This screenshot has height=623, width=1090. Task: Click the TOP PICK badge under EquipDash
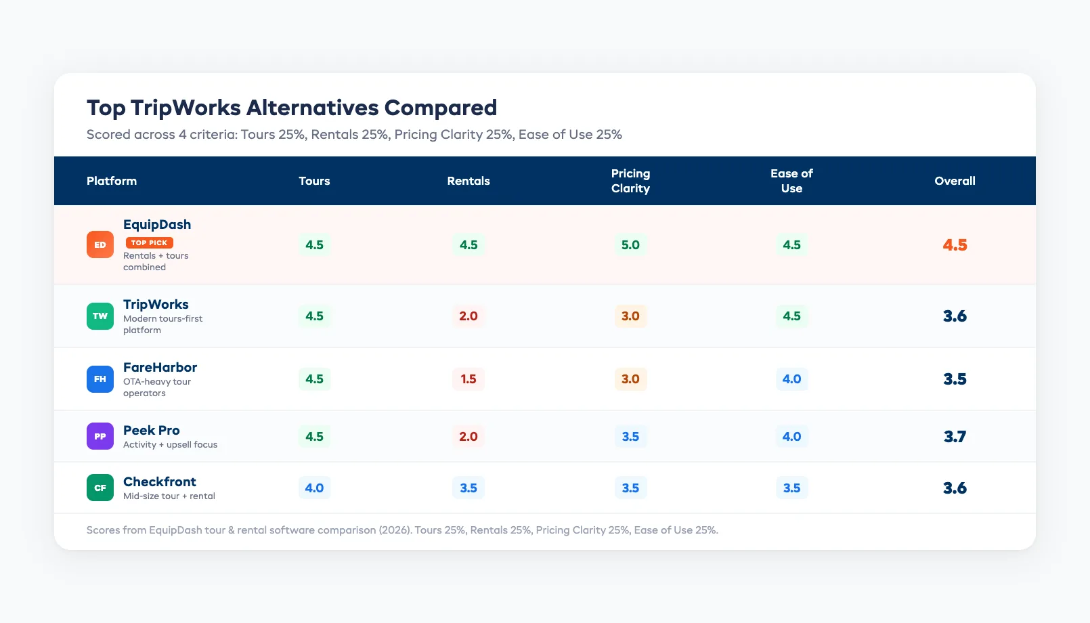(149, 242)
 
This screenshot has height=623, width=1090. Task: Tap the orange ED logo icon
(100, 244)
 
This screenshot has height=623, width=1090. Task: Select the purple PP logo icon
(100, 436)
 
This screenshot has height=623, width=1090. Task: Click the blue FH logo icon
(100, 379)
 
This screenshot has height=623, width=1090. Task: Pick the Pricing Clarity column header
(630, 181)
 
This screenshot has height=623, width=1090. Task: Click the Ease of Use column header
(791, 181)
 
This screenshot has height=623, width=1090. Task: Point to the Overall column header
(955, 181)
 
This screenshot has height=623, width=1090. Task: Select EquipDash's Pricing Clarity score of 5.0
(630, 244)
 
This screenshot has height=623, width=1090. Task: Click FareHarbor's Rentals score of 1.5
(468, 379)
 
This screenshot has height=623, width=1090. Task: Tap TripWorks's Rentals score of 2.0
(468, 316)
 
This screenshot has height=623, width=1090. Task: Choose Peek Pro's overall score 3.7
(955, 436)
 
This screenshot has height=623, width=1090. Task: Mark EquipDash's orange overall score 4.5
(955, 244)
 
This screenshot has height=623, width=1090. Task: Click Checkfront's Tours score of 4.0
(314, 488)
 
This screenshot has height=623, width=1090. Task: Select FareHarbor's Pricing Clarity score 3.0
(630, 379)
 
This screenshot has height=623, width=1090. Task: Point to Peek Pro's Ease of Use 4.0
(791, 436)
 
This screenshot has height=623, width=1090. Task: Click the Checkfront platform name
(160, 481)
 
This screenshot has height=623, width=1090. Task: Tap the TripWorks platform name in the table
(156, 304)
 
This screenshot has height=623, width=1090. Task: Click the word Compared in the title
(440, 108)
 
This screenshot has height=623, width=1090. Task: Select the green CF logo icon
(100, 488)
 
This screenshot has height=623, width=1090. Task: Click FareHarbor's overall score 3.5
(955, 379)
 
